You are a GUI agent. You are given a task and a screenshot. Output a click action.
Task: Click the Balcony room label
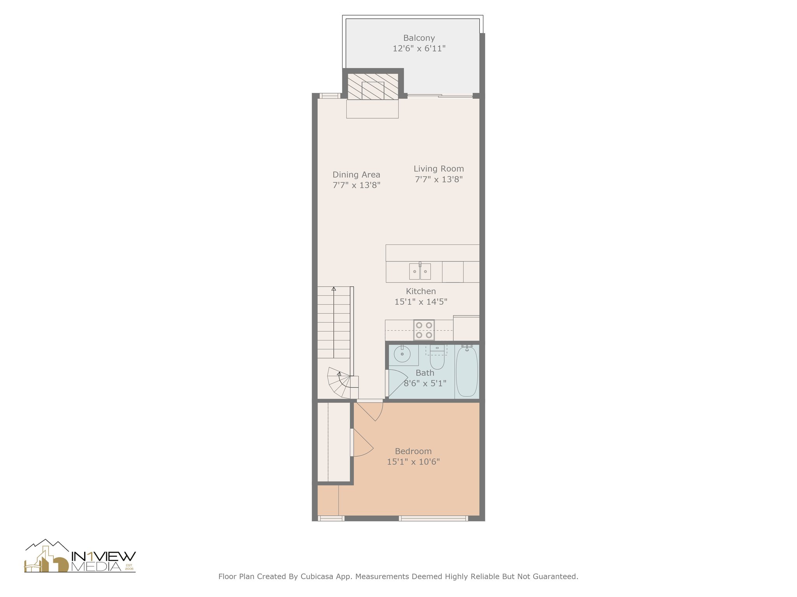point(419,38)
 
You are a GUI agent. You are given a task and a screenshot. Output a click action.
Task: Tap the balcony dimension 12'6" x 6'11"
point(419,49)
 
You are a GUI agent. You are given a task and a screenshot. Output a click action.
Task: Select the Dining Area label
point(356,175)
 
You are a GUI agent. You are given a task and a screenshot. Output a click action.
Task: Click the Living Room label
point(439,169)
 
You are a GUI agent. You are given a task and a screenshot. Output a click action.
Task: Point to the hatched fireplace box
point(372,86)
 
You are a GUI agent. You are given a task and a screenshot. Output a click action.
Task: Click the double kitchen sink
point(420,271)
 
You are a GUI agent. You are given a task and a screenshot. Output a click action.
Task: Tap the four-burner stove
point(424,330)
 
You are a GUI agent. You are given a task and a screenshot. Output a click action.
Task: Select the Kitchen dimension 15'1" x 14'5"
point(421,302)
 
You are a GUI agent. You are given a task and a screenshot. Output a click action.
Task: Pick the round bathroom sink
point(402,354)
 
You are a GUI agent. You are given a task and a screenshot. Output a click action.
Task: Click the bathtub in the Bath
point(467,371)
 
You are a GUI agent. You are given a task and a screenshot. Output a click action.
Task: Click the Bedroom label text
point(413,451)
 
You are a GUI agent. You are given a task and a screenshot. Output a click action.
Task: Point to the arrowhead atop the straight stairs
point(334,289)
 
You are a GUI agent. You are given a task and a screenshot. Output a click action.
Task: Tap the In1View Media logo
point(80,557)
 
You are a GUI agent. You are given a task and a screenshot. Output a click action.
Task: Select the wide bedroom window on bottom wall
point(433,518)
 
